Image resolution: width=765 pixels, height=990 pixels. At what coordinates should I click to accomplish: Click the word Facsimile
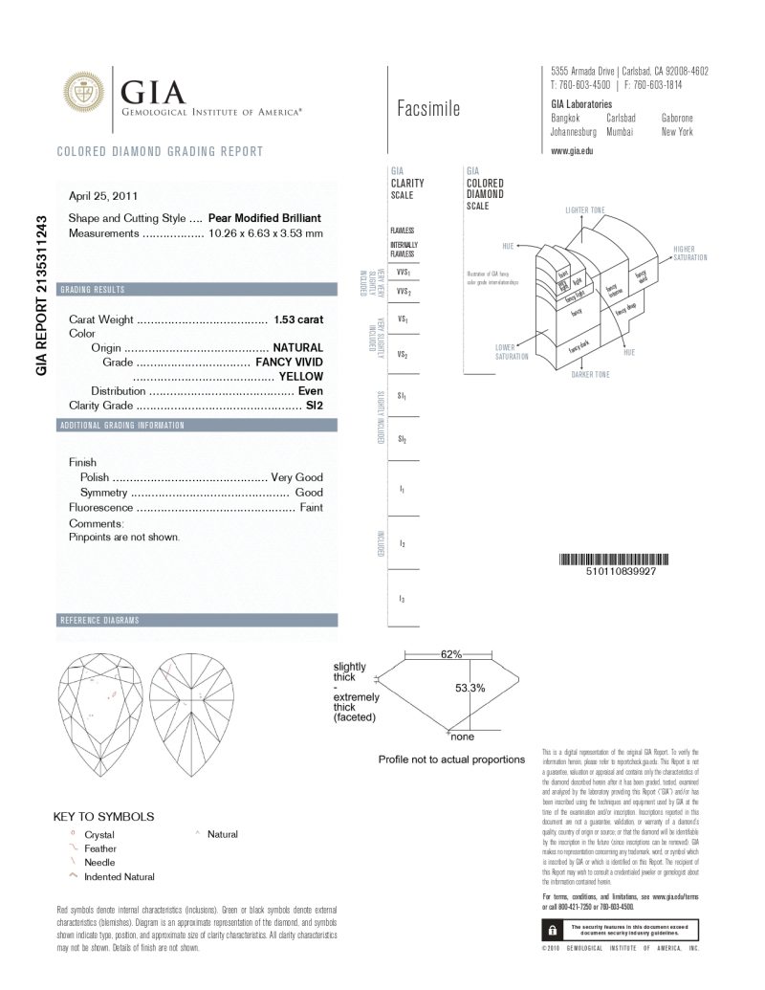pyautogui.click(x=428, y=109)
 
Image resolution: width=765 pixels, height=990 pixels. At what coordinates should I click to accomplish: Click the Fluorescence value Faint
pyautogui.click(x=311, y=507)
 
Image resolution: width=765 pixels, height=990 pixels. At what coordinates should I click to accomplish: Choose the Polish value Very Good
pyautogui.click(x=297, y=476)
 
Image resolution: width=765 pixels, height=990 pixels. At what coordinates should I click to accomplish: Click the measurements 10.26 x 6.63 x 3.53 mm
pyautogui.click(x=265, y=232)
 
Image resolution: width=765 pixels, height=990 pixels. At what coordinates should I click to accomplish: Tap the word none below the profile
pyautogui.click(x=462, y=737)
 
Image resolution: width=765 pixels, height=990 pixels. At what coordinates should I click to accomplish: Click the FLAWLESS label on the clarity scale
pyautogui.click(x=402, y=231)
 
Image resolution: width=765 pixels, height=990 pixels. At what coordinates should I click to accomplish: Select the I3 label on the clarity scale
pyautogui.click(x=402, y=599)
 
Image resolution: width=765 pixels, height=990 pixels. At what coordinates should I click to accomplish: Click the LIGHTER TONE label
pyautogui.click(x=585, y=209)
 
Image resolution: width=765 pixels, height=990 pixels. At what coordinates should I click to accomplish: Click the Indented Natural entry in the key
pyautogui.click(x=120, y=876)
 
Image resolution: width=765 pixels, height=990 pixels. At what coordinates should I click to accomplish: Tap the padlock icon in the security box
pyautogui.click(x=552, y=929)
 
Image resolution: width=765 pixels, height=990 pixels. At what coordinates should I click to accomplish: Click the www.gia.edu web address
pyautogui.click(x=573, y=151)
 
